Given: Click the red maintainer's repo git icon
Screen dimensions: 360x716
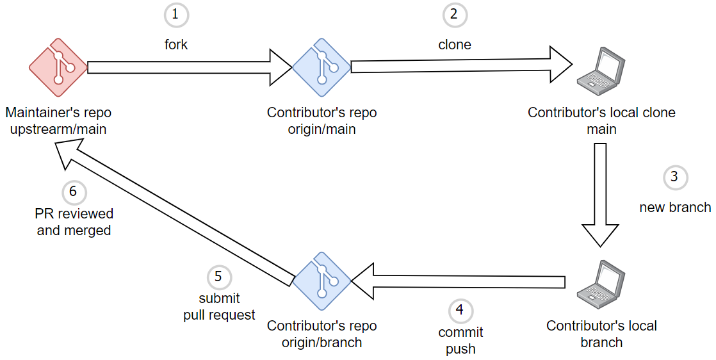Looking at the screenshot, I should (x=58, y=67).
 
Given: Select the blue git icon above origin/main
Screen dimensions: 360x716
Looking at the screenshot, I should (x=321, y=67).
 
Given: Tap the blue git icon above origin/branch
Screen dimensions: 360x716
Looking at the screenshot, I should (x=321, y=281).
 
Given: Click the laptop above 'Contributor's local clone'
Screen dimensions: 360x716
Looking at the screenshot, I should (x=601, y=67).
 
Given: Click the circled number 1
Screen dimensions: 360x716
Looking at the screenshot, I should (x=177, y=15).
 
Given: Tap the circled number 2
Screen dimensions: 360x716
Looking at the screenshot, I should (x=454, y=15).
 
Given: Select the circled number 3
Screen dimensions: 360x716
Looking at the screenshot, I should (x=674, y=177).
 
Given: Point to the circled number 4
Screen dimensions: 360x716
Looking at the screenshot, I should (x=459, y=311).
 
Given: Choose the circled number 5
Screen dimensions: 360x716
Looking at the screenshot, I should (x=218, y=277).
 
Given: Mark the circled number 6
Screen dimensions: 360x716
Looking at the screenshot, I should (x=73, y=192).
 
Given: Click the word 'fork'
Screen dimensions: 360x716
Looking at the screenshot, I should (x=177, y=45).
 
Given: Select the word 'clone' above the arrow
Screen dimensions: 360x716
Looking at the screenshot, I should (x=454, y=45).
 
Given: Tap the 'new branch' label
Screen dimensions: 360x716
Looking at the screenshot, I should (x=675, y=208).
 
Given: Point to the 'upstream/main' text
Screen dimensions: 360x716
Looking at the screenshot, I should (x=58, y=129).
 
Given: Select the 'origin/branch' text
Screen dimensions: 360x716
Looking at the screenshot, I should (x=321, y=343).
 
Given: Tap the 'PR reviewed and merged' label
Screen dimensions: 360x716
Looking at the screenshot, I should (x=74, y=222).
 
